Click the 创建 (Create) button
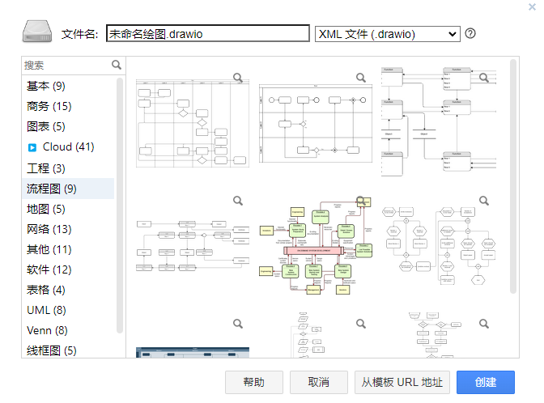tap(486, 382)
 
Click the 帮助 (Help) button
tap(254, 382)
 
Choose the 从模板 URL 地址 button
tap(402, 382)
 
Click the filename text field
tap(208, 34)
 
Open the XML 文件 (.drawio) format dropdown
tap(387, 34)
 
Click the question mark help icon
tap(470, 34)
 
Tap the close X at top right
tap(532, 6)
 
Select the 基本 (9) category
tap(46, 86)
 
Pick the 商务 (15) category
tap(49, 106)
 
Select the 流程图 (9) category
tap(52, 189)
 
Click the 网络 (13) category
tap(49, 229)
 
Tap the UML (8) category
tap(46, 310)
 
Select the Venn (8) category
tap(47, 330)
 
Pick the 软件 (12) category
tap(49, 269)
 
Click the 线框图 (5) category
tap(52, 350)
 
